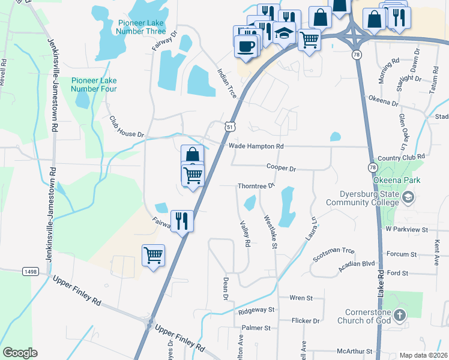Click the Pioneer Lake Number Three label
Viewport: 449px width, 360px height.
tap(142, 27)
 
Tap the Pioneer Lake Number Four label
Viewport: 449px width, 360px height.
tap(94, 85)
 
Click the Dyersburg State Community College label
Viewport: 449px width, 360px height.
tap(363, 199)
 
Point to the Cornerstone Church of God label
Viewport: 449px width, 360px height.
tap(367, 316)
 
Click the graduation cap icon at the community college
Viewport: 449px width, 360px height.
tap(408, 197)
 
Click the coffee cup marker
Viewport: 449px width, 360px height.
tap(245, 46)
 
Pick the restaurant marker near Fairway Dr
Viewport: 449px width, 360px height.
tap(181, 221)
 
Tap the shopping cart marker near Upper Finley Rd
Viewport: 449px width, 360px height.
tap(153, 255)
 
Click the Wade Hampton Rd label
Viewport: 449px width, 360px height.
tap(256, 146)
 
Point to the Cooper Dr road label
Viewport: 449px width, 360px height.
tap(282, 169)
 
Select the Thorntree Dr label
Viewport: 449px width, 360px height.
tap(256, 186)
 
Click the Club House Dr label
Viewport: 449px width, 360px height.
tap(127, 127)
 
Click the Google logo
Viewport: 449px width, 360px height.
tap(20, 353)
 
